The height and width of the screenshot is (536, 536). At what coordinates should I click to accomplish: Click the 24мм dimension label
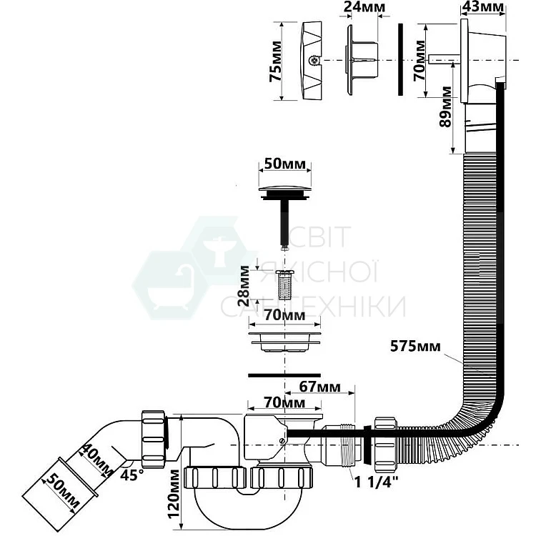pos(364,6)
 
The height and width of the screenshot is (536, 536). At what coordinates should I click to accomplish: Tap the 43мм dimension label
pos(482,6)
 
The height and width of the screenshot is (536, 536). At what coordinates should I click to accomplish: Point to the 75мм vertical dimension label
pos(276,61)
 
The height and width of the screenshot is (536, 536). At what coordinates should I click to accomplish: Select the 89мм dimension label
pos(445,107)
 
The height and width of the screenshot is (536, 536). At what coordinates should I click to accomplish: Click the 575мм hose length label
pos(415,347)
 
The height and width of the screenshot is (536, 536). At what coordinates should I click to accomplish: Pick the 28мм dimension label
pos(244,285)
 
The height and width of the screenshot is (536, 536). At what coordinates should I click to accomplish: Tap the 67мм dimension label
pos(320,387)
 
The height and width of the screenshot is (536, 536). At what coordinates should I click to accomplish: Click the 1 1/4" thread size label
pos(377,482)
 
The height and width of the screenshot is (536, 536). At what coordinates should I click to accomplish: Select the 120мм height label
pos(174,494)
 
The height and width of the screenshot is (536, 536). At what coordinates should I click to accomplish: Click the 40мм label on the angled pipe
pos(95,460)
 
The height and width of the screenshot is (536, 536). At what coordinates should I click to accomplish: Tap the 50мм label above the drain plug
pos(284,164)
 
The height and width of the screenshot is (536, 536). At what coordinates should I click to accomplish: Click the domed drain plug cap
pos(285,189)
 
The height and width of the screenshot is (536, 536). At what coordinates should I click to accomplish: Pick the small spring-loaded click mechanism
pos(284,284)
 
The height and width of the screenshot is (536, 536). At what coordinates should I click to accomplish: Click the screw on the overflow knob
pos(314,61)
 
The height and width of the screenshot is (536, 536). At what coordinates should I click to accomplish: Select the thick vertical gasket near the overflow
pos(401,59)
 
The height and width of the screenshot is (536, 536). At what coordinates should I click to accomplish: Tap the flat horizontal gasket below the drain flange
pos(284,375)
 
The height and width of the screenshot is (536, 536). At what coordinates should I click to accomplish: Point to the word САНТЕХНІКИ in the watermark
pos(313,307)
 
